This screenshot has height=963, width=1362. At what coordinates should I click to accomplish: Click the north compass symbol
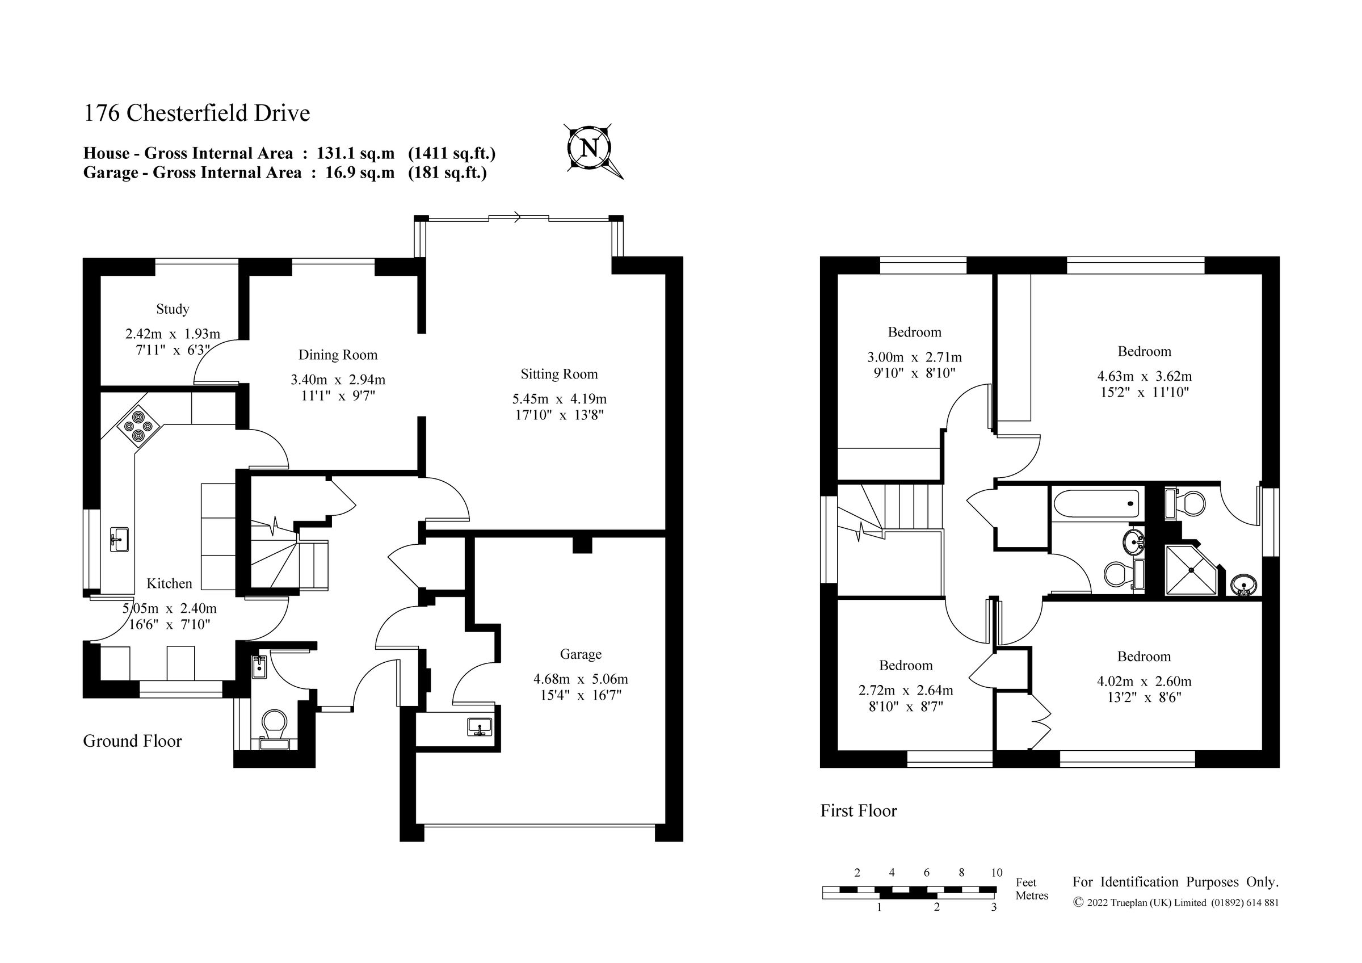point(588,147)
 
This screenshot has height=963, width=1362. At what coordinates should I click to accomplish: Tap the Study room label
point(173,309)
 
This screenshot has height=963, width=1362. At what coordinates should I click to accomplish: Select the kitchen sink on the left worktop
point(119,539)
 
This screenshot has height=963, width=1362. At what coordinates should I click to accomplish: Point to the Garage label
point(580,654)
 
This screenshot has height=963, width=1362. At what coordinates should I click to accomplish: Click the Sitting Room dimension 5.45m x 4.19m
point(559,399)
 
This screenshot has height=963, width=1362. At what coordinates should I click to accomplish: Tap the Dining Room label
point(338,355)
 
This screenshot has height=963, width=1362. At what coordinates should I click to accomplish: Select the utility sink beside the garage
point(480,726)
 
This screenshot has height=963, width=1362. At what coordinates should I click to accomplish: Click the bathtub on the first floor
point(1096,504)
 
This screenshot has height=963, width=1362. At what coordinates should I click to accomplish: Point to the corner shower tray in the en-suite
point(1189,570)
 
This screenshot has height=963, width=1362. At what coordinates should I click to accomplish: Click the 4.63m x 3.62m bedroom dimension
point(1144,376)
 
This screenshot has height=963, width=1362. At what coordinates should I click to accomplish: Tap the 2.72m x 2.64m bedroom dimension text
point(905,690)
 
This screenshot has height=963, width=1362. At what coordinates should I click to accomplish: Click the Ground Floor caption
point(132,741)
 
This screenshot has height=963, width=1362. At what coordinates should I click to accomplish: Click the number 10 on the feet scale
point(996,872)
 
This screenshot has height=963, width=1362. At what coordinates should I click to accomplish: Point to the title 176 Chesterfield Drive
point(196,113)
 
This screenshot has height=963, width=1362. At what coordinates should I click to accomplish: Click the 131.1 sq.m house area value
point(355,154)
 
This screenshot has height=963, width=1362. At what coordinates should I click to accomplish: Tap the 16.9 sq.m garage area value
point(359,173)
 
